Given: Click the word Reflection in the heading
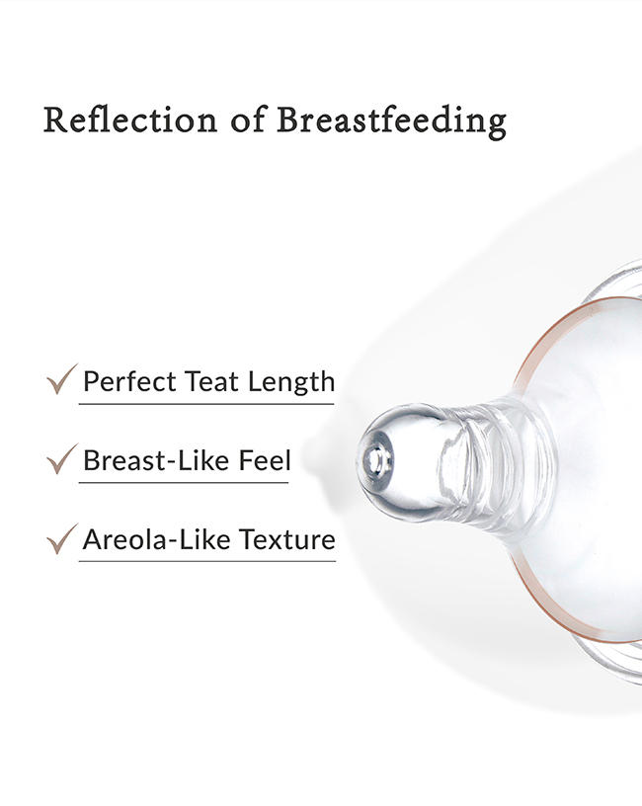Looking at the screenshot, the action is (x=130, y=120).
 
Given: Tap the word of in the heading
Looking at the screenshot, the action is (x=248, y=120).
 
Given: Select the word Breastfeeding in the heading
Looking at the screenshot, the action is (x=392, y=122).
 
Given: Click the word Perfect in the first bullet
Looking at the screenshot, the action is (x=129, y=381).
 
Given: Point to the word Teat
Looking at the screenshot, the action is (x=211, y=381).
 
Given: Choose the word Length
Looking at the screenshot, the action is (x=291, y=382).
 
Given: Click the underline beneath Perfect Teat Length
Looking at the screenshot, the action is (x=206, y=404).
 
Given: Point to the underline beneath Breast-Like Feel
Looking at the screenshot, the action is (x=184, y=483).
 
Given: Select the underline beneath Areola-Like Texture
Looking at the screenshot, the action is (x=207, y=561).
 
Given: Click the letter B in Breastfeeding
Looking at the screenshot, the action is (x=288, y=120).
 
